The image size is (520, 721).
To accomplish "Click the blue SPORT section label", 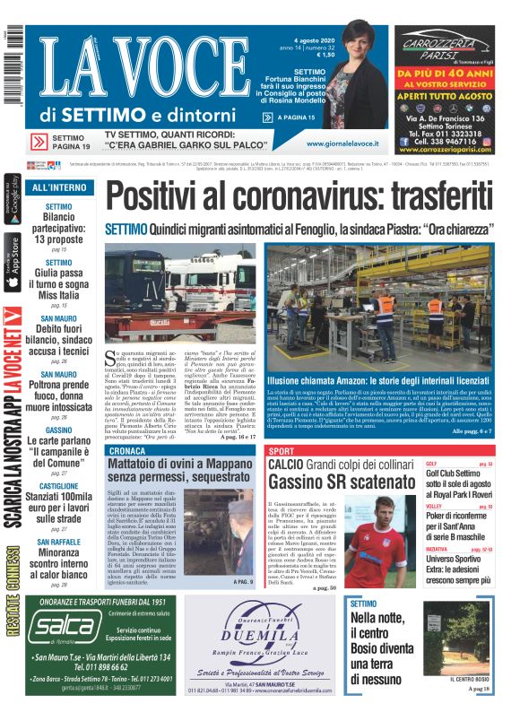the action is pos(282,450).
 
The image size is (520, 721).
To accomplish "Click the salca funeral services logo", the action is pos(60,626).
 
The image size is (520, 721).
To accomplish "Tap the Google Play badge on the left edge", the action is pos(13,201).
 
